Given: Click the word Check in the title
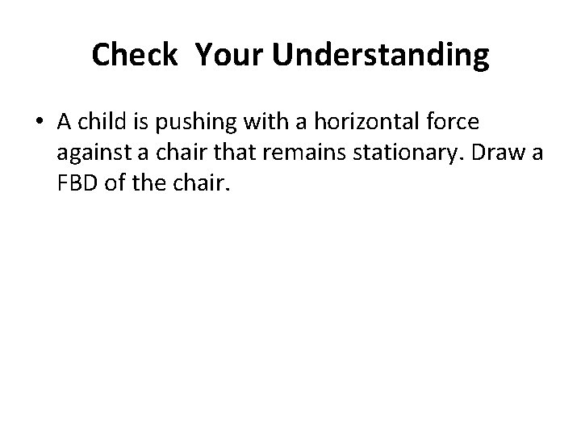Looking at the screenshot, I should coord(134,55).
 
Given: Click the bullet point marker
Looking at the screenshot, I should coord(40,123).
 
